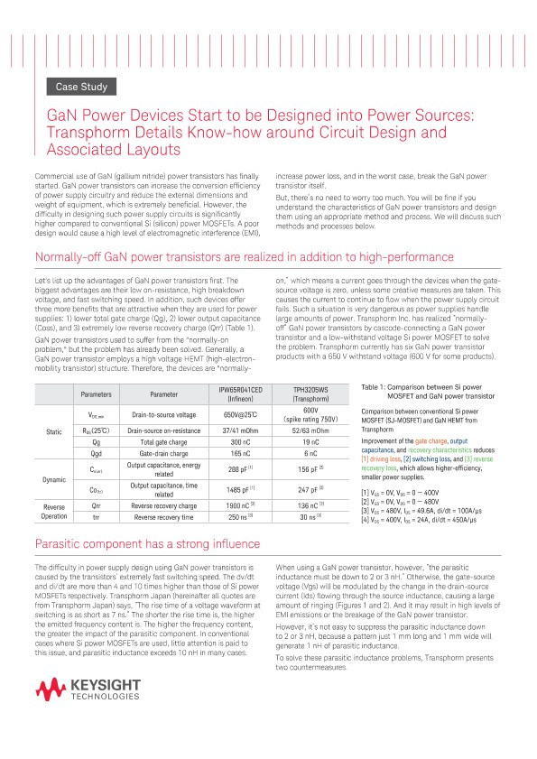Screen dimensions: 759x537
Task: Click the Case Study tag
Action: point(82,88)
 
